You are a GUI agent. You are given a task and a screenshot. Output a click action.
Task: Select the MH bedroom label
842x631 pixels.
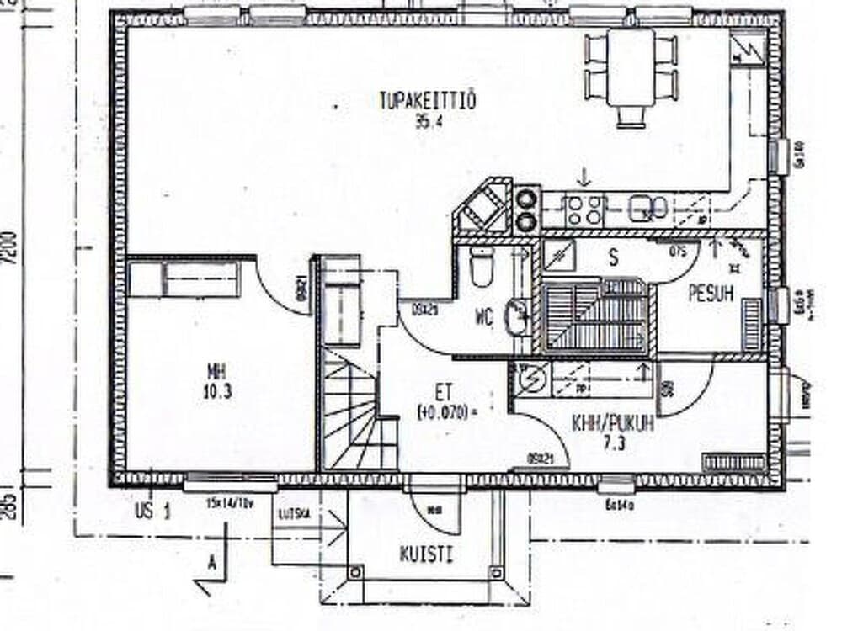click(x=218, y=371)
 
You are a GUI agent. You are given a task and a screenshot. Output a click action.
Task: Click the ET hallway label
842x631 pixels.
click(x=443, y=391)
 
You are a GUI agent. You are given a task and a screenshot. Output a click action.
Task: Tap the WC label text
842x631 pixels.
click(x=483, y=317)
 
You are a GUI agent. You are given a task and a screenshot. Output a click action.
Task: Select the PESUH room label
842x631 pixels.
click(x=711, y=294)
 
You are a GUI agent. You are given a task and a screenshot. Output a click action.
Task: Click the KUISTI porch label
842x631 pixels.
click(x=426, y=554)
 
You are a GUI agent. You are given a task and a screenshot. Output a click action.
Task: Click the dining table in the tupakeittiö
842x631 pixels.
click(x=631, y=67)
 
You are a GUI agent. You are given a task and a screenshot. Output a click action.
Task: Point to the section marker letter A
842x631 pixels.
click(x=210, y=565)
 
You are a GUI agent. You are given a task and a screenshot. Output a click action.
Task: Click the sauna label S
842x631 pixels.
click(x=613, y=258)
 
